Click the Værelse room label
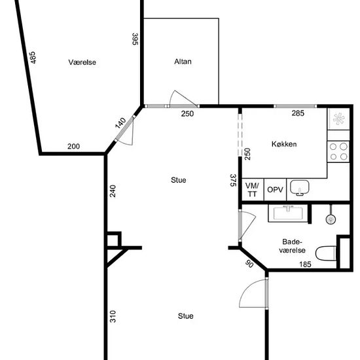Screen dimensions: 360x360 tap(82, 62)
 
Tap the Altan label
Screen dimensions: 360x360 tap(183, 62)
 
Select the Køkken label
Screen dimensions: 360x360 tap(284, 144)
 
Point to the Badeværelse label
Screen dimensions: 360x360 tap(292, 246)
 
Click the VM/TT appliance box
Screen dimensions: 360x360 tap(252, 190)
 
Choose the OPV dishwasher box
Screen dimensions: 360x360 tap(275, 190)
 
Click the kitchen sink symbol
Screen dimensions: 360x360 tap(300, 188)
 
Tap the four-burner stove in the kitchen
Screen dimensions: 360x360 tap(338, 152)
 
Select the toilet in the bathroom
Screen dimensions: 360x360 tap(326, 253)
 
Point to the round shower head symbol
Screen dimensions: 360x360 tap(331, 219)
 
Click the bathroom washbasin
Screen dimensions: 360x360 tap(288, 214)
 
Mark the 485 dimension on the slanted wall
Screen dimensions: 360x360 tap(33, 58)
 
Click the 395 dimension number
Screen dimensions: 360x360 tap(135, 39)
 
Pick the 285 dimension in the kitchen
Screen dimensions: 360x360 tap(298, 113)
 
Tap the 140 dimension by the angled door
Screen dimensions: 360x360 tap(120, 123)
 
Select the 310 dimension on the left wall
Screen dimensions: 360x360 tap(113, 316)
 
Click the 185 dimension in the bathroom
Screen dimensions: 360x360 tap(305, 264)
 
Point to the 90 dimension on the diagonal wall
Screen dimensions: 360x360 tap(249, 264)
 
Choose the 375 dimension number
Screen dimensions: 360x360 tap(233, 180)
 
